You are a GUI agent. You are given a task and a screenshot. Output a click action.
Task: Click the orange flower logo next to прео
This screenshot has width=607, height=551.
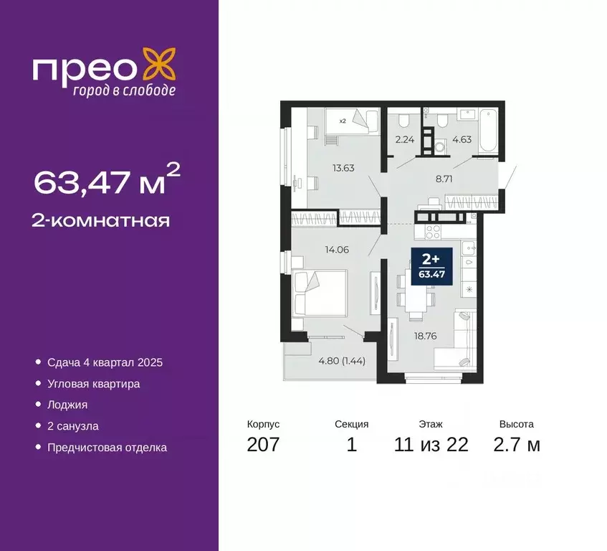[x=158, y=65]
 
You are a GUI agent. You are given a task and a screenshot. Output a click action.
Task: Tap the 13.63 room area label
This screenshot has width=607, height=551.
[x=323, y=169]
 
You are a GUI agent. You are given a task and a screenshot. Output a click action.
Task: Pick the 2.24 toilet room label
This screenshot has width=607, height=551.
[x=406, y=141]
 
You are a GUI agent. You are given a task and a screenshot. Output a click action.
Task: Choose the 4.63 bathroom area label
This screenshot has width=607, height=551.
[x=462, y=141]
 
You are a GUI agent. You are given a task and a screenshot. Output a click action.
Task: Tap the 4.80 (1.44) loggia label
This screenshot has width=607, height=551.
[x=342, y=361]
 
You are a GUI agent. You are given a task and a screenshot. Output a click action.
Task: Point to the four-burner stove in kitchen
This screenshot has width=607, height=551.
[x=433, y=231]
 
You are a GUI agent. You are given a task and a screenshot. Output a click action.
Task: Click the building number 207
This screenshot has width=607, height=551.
[x=263, y=444]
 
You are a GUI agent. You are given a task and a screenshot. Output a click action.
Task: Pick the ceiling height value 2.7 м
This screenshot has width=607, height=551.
[x=516, y=444]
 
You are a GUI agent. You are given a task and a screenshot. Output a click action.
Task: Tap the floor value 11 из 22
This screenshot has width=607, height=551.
[x=431, y=444]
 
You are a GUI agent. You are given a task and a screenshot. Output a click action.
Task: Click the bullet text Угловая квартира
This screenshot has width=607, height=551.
[x=93, y=384]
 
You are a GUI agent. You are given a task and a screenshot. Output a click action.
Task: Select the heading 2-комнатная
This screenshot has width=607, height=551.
[x=101, y=220]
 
